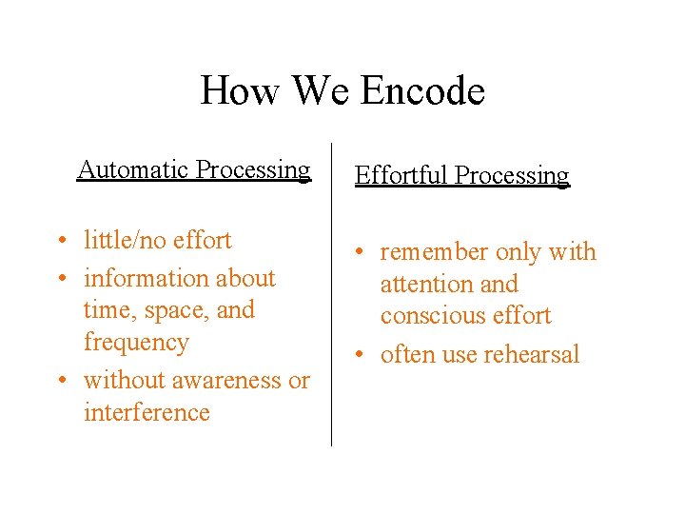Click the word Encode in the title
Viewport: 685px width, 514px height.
(x=423, y=91)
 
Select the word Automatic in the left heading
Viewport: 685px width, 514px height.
(x=132, y=169)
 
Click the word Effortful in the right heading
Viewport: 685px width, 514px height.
(x=401, y=175)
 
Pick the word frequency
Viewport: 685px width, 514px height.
(x=136, y=342)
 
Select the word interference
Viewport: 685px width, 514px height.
(x=147, y=412)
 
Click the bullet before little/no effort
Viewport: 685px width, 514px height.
(x=60, y=241)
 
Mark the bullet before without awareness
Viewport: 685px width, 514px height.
(x=60, y=381)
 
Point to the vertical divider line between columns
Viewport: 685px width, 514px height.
(x=331, y=295)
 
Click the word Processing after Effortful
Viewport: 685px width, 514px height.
(x=512, y=175)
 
